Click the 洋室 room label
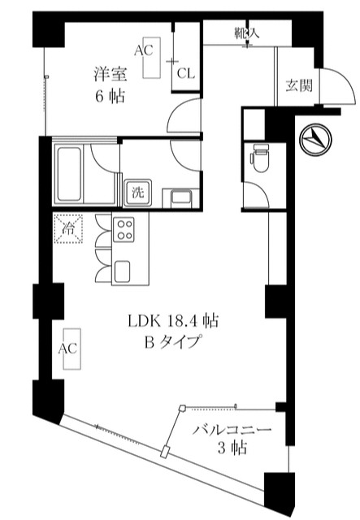[111, 74]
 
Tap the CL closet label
[186, 73]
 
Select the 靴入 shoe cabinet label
[246, 32]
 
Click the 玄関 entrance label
[299, 86]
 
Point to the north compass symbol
[315, 139]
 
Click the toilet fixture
[261, 158]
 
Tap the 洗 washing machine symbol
[137, 193]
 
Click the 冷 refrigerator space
[68, 229]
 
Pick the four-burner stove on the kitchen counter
[124, 229]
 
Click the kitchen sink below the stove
[123, 271]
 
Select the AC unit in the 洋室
[151, 58]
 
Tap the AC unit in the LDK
[72, 349]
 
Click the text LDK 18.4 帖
[173, 321]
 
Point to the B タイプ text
[172, 343]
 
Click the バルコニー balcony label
[232, 431]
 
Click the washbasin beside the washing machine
[180, 198]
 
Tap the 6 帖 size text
[111, 97]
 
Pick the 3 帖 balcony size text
[232, 448]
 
